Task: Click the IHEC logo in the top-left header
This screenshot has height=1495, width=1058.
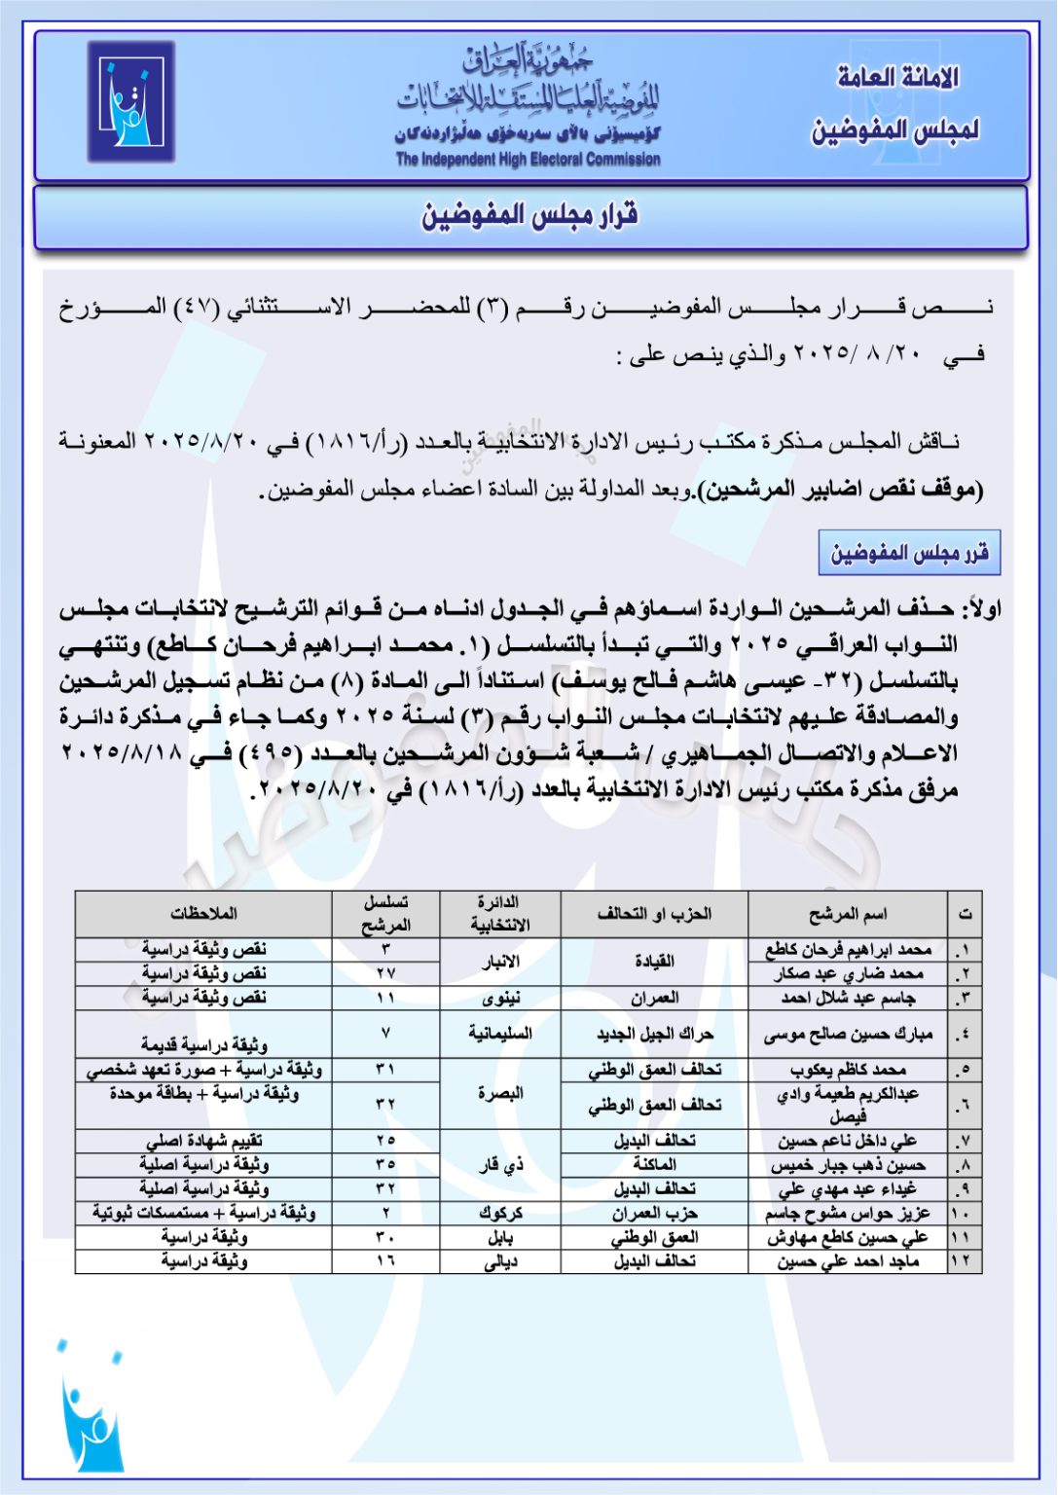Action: pos(131,101)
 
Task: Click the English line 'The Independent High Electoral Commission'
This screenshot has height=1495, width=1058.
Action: pos(528,160)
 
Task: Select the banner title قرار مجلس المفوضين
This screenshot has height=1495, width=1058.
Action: pos(529,216)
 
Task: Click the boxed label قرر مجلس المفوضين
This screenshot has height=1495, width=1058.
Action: pos(909,554)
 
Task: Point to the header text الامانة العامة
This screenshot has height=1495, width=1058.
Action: pos(897,78)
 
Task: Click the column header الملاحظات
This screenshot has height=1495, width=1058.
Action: pos(203,914)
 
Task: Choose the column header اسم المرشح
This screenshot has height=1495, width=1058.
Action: pos(848,914)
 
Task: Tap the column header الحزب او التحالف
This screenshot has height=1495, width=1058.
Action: pos(654,914)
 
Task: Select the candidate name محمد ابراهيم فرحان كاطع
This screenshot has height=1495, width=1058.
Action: pos(848,950)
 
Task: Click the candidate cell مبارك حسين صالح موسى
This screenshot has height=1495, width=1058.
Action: pos(848,1034)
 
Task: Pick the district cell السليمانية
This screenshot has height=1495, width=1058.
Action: pos(500,1034)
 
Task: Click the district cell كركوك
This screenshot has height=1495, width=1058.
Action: pos(500,1214)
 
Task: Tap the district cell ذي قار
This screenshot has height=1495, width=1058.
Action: pos(500,1165)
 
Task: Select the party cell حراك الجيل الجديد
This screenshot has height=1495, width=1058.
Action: pos(654,1034)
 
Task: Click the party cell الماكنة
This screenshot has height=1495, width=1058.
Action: pos(654,1165)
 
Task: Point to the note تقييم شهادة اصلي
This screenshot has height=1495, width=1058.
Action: pos(203,1141)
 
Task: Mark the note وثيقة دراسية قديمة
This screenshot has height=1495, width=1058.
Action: pos(203,1044)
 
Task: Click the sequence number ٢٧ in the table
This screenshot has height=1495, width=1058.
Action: pos(385,973)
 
